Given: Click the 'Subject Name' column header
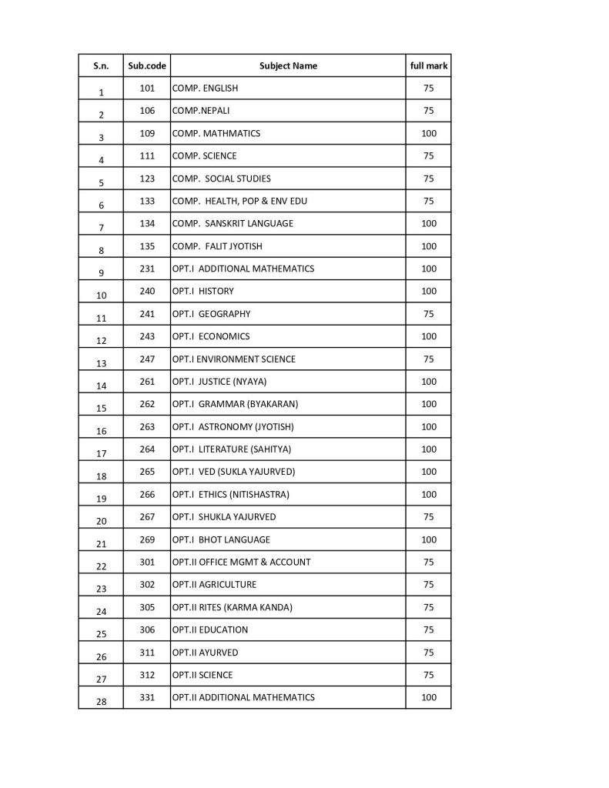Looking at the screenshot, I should coord(288,66).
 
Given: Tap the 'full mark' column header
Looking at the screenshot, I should coord(429,66).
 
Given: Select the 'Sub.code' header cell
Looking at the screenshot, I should coord(147,66).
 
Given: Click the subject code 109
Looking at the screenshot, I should coord(147,133).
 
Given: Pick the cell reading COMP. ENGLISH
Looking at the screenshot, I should coord(206,88).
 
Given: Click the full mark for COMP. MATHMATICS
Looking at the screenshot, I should coord(429,133).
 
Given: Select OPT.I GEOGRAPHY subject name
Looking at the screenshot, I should coord(212,314).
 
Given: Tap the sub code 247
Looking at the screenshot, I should coord(147,359).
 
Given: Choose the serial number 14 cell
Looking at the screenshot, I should coord(102,386).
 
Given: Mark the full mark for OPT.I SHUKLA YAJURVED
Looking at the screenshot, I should coord(429,516).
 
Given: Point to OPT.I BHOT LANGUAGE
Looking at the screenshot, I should coord(222,539).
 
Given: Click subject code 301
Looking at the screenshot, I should coord(147,562).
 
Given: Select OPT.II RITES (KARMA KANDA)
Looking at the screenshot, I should coord(233,607).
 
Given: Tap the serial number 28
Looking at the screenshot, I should coord(102,701).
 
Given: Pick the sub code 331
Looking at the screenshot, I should coord(147,697).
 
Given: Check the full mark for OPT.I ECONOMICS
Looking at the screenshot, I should coord(429,336).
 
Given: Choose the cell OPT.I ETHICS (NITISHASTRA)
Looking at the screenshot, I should coord(231,494).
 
